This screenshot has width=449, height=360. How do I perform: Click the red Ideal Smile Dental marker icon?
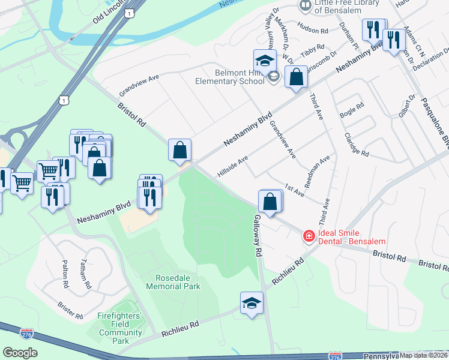309,236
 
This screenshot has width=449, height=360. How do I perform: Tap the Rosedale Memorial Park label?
173,282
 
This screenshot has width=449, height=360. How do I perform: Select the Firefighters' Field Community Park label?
121,328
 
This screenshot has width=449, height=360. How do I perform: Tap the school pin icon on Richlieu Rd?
252,303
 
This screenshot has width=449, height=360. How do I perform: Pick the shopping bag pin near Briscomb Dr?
295,77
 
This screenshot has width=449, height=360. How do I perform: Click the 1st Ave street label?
294,190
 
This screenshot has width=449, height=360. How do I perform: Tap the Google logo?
20,352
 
